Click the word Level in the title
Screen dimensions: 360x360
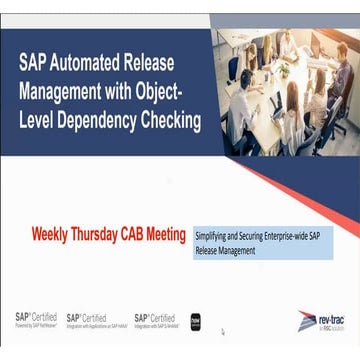[42, 121]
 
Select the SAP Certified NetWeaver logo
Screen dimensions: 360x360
[36, 319]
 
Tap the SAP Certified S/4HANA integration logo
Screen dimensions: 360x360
[155, 320]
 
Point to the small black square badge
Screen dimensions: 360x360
[196, 321]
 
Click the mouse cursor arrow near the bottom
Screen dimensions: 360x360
[223, 331]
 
